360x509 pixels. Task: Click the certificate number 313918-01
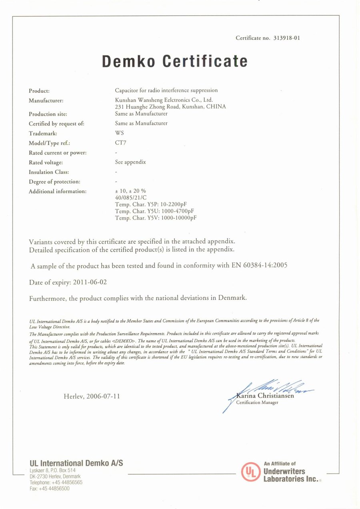click(287, 38)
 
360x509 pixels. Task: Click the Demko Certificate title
click(174, 61)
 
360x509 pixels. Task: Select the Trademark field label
click(43, 134)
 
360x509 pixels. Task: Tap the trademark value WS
click(119, 133)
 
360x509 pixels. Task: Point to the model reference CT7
click(120, 143)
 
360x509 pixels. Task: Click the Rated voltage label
click(46, 162)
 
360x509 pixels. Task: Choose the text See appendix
click(130, 162)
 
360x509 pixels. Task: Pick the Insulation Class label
click(49, 172)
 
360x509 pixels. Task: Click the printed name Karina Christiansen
click(265, 396)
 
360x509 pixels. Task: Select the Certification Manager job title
click(257, 403)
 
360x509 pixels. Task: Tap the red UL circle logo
click(251, 471)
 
